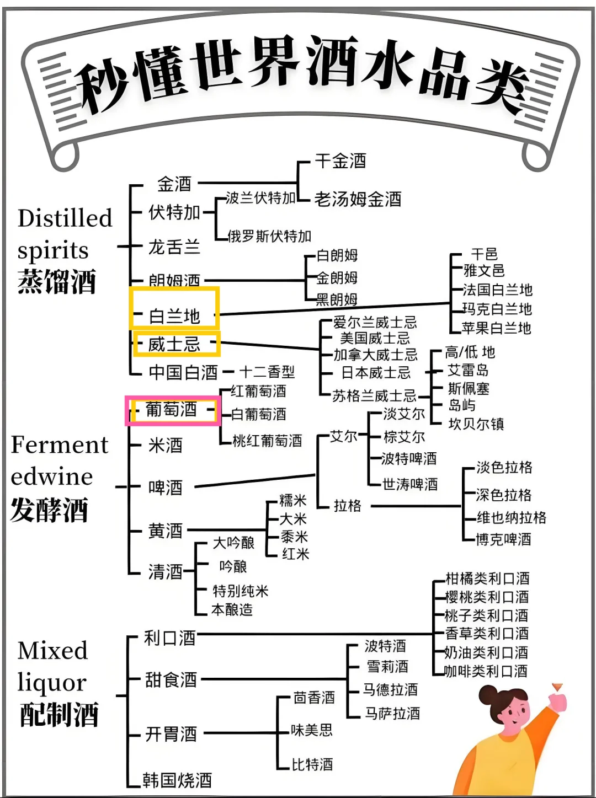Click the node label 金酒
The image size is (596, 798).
point(174,184)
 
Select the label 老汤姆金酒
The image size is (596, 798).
point(358,199)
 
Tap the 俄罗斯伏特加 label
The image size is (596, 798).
point(270,237)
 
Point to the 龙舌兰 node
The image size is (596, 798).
point(174,247)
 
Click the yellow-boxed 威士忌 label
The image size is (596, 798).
point(174,344)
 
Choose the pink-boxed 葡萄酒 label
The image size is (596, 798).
point(171,410)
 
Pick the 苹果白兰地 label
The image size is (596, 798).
point(496,328)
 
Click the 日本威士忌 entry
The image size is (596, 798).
point(376,373)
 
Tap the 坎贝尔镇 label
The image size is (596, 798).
point(476,424)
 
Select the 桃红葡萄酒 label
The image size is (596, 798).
point(267,441)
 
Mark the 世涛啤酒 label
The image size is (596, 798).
point(410,484)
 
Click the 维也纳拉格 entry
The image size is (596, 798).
point(512,517)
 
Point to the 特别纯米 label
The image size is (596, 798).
point(241,591)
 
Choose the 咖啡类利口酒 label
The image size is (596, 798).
point(486,671)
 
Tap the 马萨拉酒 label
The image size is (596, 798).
point(392,713)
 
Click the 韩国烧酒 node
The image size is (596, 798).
point(177,780)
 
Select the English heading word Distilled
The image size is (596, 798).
point(65,218)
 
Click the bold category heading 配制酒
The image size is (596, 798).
point(59,715)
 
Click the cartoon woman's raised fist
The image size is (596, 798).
point(558,702)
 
